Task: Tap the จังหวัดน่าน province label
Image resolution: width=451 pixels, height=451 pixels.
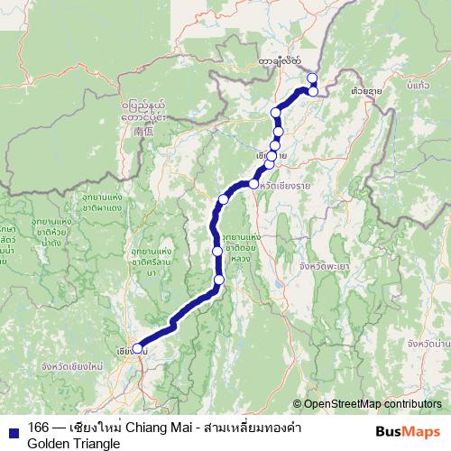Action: coord(428,344)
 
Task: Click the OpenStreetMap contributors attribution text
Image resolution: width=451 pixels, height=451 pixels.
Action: coord(373,404)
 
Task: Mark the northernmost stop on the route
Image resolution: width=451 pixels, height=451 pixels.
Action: coord(312,78)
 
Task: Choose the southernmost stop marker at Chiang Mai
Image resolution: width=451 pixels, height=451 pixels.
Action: coord(137,348)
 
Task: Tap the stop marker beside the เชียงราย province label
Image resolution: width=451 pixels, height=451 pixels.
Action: coord(254,184)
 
